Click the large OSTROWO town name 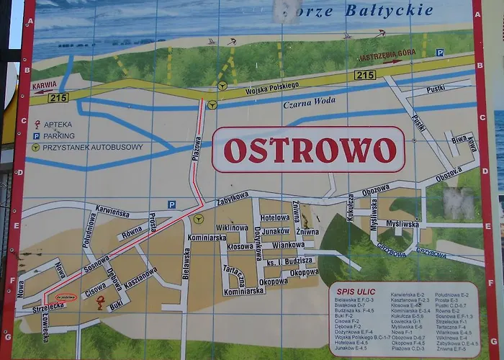(x=310, y=150)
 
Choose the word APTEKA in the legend (x=58, y=124)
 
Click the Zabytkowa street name (x=233, y=198)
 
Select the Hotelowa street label (x=274, y=217)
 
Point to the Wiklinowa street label (x=232, y=228)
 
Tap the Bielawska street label (x=186, y=264)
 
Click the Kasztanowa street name (x=140, y=277)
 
